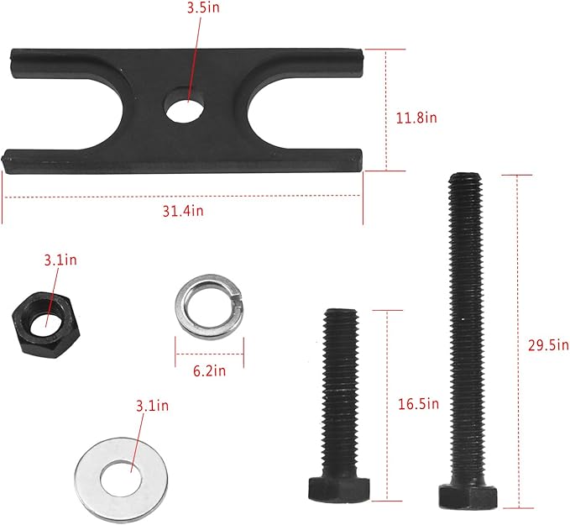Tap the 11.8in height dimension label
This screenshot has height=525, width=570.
coord(416,118)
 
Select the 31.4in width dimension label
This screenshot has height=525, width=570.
coord(184,211)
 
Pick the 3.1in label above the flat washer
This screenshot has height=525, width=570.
coord(151,407)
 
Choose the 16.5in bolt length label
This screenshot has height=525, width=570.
coord(418,404)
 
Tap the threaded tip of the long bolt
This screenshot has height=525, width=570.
coord(465,181)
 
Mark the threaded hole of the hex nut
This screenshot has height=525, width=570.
coord(44,318)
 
